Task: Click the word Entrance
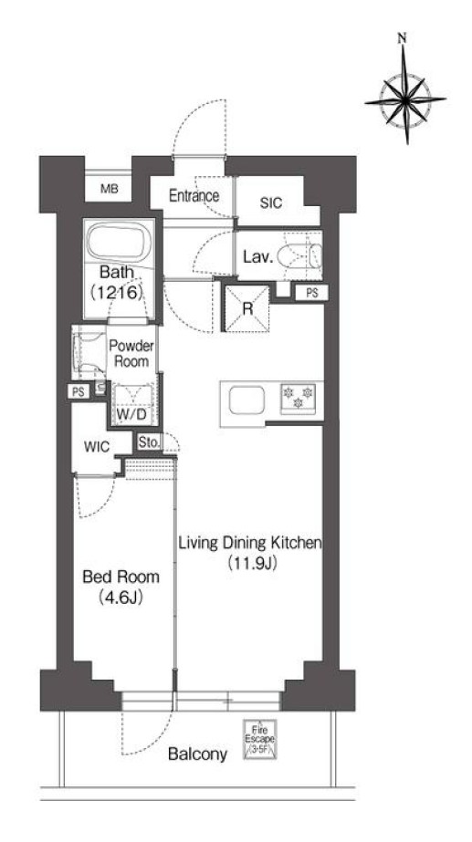[194, 195]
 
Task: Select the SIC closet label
[271, 203]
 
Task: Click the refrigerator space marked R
[247, 308]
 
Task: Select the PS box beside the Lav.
[311, 293]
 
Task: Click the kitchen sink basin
[246, 400]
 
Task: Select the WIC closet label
[97, 447]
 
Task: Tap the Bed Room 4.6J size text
[120, 598]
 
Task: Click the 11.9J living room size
[251, 563]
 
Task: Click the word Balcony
[197, 754]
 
